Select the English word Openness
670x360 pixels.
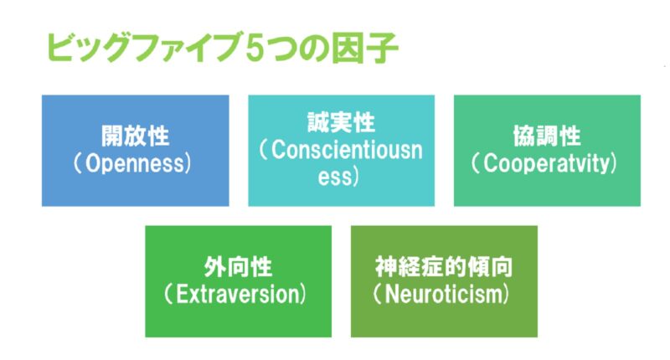click(x=136, y=162)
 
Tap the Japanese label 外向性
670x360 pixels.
click(x=238, y=269)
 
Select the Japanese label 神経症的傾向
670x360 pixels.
click(x=444, y=269)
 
